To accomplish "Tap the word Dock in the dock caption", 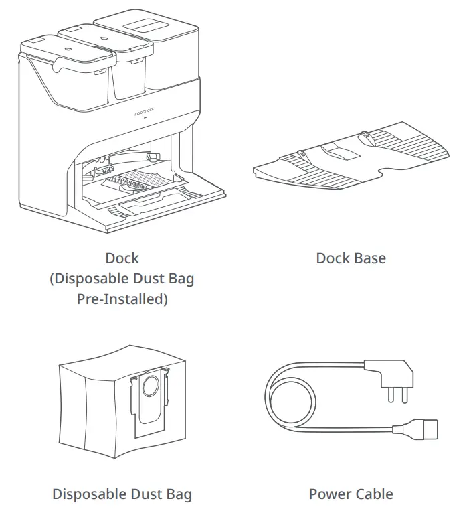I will pos(122,258).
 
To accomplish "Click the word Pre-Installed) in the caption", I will pos(122,299).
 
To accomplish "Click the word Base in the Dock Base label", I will pos(370,258).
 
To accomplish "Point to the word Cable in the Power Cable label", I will pos(371,494).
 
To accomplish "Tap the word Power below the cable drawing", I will pos(327,494).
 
